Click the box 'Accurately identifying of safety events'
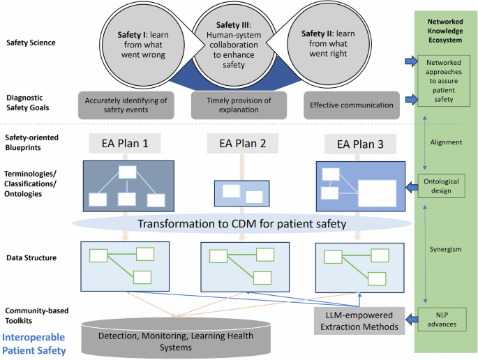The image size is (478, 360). [x=127, y=105]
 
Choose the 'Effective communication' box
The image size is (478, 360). [x=352, y=105]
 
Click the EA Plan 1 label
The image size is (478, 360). [x=126, y=144]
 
